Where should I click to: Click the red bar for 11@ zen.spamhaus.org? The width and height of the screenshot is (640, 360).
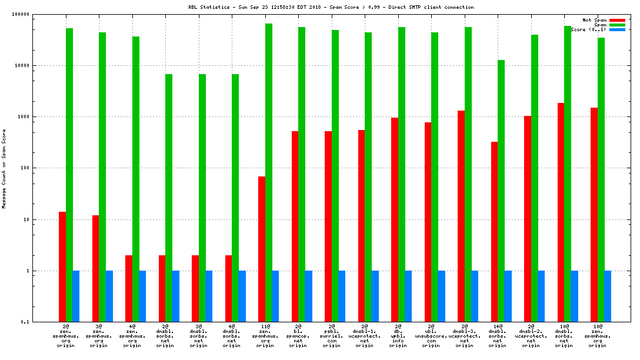(262, 249)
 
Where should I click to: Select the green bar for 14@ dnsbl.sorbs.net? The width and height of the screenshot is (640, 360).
(501, 191)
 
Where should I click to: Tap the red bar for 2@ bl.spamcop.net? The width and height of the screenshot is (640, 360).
(295, 226)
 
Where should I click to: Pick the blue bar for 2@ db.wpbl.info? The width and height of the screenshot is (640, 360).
(408, 296)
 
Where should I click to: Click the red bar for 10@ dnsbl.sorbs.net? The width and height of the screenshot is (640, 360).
(561, 212)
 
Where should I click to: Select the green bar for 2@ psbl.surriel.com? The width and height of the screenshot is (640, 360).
(335, 176)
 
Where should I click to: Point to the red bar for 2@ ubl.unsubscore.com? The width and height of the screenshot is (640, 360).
(428, 222)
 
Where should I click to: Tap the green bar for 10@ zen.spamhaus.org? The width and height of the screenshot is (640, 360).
(601, 179)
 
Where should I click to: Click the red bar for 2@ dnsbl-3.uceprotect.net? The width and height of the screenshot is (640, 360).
(461, 216)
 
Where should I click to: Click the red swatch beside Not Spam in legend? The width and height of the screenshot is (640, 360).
(617, 20)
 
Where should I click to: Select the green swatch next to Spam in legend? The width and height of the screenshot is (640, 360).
(617, 25)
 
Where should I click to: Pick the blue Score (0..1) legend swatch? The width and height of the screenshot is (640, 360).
(617, 29)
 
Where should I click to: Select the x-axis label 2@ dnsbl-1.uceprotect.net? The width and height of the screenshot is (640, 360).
(365, 335)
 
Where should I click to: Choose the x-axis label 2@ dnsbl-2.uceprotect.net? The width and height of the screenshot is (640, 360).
(531, 335)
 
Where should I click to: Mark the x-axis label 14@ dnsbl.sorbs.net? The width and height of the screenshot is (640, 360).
(498, 335)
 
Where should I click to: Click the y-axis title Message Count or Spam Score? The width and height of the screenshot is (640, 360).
(4, 169)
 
